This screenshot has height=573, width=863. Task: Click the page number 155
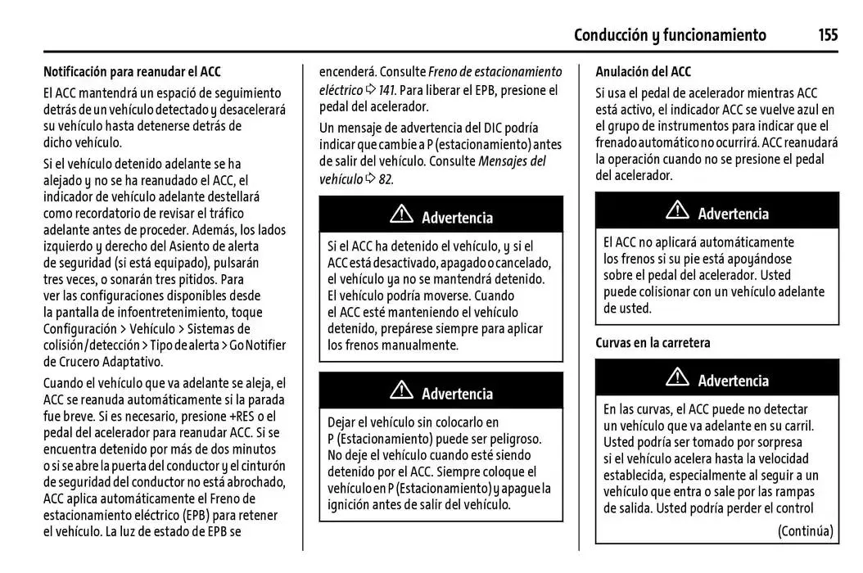[827, 34]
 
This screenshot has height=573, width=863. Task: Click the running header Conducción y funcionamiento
[670, 34]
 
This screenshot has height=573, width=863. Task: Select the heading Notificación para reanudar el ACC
[132, 72]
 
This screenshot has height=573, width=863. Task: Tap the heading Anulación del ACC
[643, 72]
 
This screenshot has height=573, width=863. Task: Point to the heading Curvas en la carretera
[653, 343]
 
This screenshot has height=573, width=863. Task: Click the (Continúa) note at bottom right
[805, 530]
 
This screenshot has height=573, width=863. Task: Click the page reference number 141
[387, 89]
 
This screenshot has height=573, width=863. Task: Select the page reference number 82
[385, 179]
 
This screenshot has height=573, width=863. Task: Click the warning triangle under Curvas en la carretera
[677, 378]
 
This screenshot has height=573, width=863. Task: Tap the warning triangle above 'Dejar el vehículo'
[401, 392]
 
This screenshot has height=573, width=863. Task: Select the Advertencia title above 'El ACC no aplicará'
[733, 214]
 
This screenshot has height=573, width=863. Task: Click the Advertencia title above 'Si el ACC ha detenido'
[457, 218]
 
